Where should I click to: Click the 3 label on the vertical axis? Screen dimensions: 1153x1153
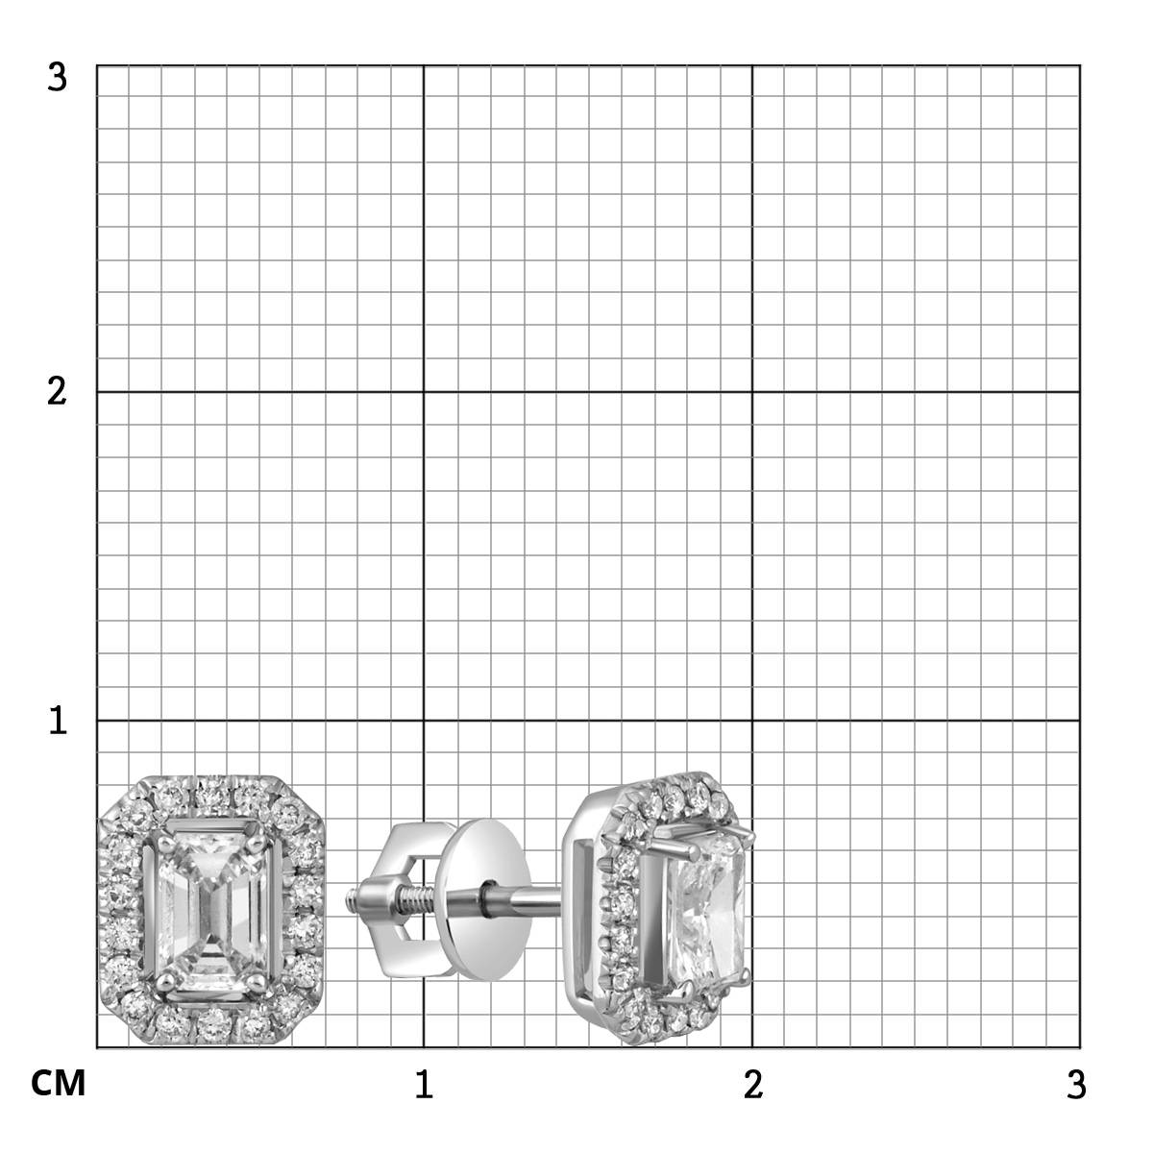pos(57,78)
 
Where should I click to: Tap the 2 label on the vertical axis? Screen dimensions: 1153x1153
pos(57,392)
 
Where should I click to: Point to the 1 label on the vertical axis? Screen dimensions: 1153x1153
pos(58,720)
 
